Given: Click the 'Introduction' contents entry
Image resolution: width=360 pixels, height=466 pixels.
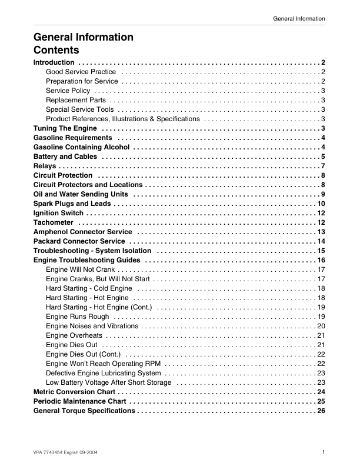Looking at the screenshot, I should coord(54,62).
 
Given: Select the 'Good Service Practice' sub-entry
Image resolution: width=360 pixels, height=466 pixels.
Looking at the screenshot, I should coord(81,72).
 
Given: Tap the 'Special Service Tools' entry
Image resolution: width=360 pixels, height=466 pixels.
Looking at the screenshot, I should coord(79,109).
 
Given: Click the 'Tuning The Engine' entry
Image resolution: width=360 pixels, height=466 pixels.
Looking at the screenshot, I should coord(65,128).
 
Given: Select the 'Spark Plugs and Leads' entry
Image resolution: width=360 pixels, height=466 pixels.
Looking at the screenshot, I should coord(71,204).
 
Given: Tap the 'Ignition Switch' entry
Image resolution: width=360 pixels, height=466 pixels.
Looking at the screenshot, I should coord(59,213).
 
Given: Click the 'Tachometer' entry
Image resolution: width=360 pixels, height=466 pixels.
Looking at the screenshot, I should coord(54,222).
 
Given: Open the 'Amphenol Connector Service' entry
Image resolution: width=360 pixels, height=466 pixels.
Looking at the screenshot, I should coord(82,232).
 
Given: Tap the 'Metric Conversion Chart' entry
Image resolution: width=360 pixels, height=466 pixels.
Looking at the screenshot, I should coord(74,392).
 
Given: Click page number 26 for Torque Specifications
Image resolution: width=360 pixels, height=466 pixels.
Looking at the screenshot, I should coord(321,411).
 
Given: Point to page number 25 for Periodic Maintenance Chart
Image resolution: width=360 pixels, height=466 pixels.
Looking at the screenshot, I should coord(321,401).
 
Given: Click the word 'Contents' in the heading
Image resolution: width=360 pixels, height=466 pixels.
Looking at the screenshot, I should coord(56,49).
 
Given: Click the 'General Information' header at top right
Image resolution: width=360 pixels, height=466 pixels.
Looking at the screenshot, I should coord(299,19).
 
